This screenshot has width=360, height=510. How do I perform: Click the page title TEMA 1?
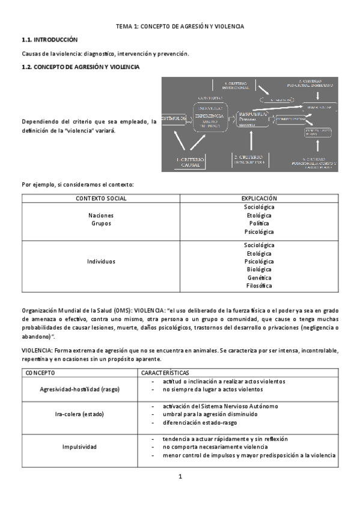pyautogui.click(x=180, y=27)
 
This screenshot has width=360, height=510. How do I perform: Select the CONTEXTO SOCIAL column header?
pyautogui.click(x=101, y=198)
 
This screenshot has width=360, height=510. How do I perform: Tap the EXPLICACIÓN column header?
pyautogui.click(x=259, y=198)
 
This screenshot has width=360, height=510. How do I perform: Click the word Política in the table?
pyautogui.click(x=259, y=223)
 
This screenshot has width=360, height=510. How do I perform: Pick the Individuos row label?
pyautogui.click(x=101, y=262)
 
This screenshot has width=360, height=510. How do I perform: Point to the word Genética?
pyautogui.click(x=259, y=278)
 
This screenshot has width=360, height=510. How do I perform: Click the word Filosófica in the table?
pyautogui.click(x=259, y=286)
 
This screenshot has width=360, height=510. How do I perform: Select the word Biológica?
pyautogui.click(x=259, y=269)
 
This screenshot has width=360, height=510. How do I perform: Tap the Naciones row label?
pyautogui.click(x=101, y=215)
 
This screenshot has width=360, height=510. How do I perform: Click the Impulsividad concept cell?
pyautogui.click(x=80, y=447)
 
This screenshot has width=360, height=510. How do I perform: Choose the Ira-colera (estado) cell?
pyautogui.click(x=80, y=414)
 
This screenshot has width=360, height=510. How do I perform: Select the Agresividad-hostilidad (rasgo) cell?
pyautogui.click(x=80, y=389)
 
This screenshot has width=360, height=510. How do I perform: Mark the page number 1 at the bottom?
pyautogui.click(x=180, y=477)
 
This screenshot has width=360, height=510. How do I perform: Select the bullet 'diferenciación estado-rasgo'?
pyautogui.click(x=203, y=422)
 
